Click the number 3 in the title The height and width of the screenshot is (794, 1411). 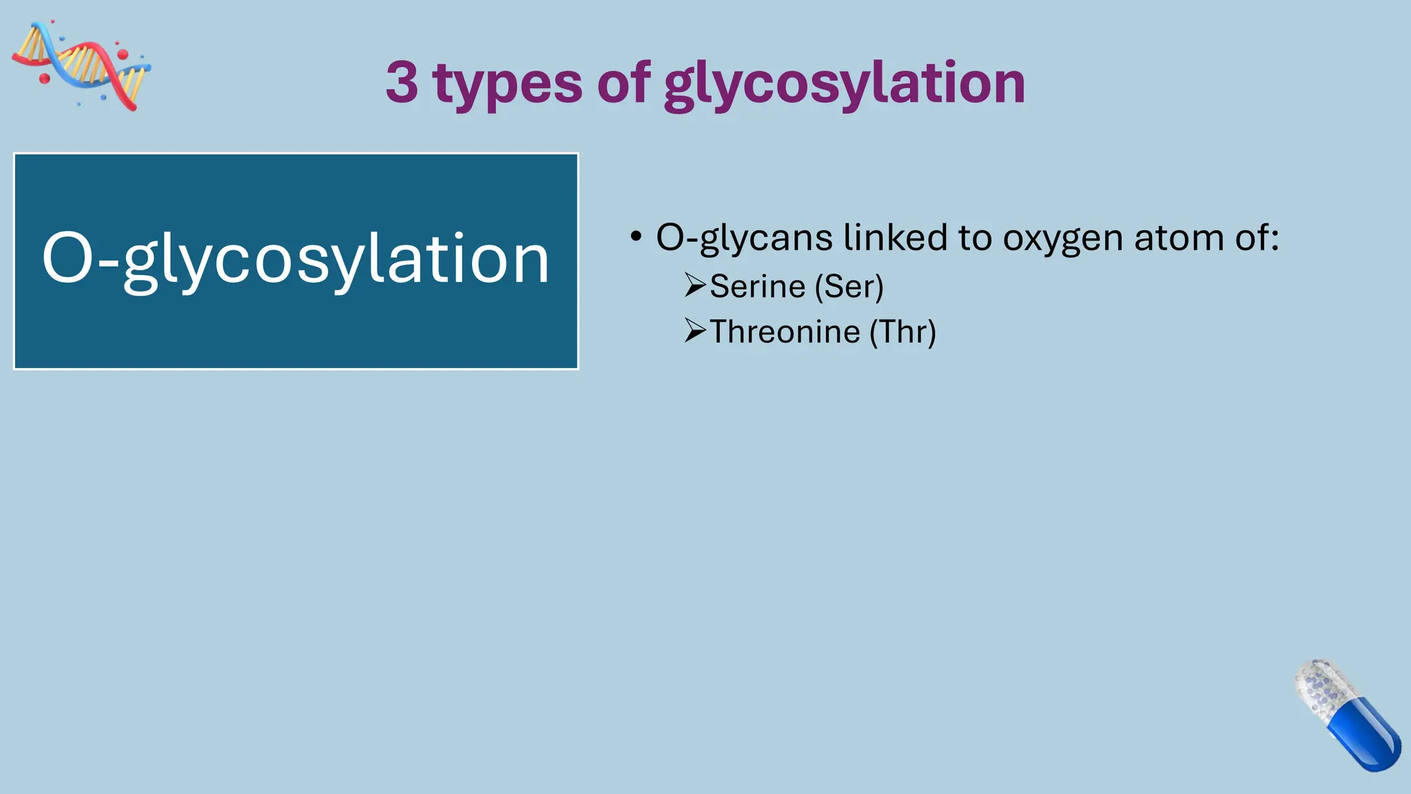402,82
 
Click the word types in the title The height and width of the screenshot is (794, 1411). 508,84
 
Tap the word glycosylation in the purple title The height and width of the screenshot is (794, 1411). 845,84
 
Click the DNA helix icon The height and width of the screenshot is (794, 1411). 81,65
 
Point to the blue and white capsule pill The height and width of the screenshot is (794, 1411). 1347,715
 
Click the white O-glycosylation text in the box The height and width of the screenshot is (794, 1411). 296,259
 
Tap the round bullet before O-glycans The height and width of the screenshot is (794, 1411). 636,237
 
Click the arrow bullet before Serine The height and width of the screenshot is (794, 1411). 695,285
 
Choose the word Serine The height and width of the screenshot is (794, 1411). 757,286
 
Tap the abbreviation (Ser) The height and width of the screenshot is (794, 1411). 849,286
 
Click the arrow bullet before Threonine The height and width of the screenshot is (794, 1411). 695,330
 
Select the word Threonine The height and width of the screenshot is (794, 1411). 785,332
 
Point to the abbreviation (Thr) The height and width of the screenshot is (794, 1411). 903,332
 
